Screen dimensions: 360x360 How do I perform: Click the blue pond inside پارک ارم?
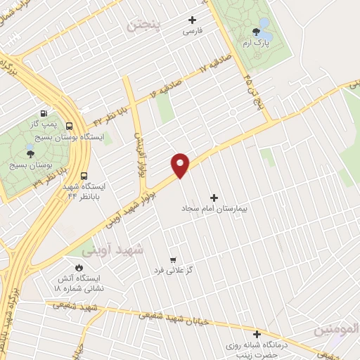tap(265, 26)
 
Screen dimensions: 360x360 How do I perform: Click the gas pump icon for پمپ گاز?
tap(45, 112)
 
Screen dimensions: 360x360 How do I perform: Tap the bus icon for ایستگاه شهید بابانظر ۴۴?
tap(84, 176)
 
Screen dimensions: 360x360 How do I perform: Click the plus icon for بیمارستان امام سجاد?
tap(214, 198)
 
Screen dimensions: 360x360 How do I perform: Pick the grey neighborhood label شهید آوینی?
tap(112, 250)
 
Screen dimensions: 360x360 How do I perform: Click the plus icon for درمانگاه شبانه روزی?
tap(257, 334)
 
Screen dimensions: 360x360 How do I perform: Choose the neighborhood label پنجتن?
tap(145, 26)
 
